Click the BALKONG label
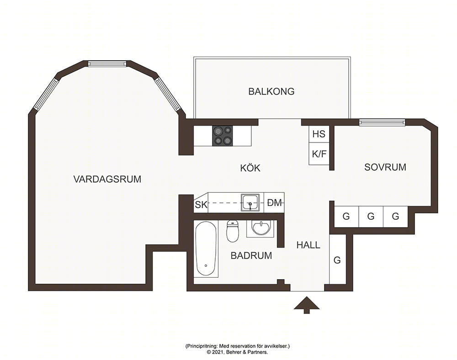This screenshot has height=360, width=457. tap(271, 91)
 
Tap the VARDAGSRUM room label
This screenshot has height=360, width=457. tap(107, 179)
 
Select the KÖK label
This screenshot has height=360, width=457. tap(250, 168)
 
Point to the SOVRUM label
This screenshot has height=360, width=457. tap(385, 167)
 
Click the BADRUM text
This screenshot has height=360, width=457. tap(251, 255)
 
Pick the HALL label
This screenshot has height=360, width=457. tap(308, 245)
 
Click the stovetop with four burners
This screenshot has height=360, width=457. tap(223, 135)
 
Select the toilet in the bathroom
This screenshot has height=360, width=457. tap(233, 231)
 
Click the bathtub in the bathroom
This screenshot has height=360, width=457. tap(206, 249)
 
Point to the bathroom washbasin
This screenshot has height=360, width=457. tap(261, 228)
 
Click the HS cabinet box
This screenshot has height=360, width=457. tap(319, 134)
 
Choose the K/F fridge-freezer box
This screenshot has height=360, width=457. tap(319, 154)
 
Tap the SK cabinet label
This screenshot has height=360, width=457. tap(201, 205)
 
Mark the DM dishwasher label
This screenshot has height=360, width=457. tap(275, 203)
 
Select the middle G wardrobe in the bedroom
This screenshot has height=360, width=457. tap(371, 217)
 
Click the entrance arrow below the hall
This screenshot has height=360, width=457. tap(306, 305)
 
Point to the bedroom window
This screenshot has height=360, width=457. tap(382, 122)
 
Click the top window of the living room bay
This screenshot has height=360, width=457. tap(107, 64)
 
